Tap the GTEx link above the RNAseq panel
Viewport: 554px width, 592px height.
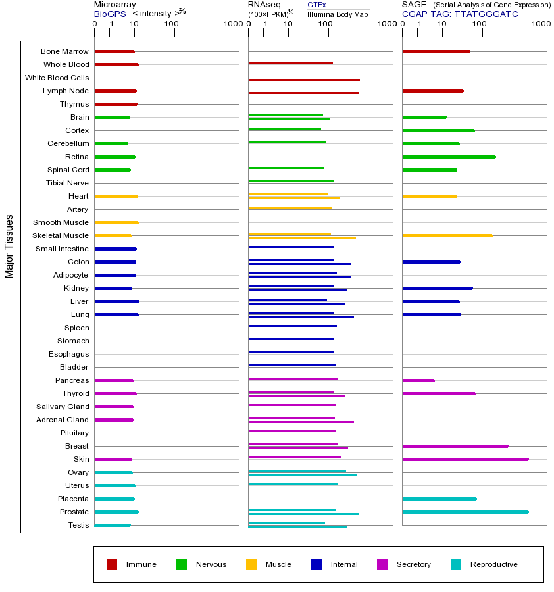316,5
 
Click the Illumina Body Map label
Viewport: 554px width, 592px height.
338,14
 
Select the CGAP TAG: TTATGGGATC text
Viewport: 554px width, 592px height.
460,14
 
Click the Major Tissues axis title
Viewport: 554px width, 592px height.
9,246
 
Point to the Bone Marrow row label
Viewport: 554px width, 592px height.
64,51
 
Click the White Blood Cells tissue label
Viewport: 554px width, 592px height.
57,78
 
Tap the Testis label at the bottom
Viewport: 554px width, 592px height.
78,525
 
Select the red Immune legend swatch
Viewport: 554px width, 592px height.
112,564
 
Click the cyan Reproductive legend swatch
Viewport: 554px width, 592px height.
456,564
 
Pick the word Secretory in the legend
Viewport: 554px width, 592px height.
414,564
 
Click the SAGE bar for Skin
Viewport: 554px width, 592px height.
465,459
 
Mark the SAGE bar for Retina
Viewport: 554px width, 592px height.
449,157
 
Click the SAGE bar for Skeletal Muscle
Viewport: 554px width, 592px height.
447,235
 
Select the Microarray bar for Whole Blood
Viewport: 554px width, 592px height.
116,64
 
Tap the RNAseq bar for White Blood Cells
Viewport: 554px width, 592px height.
304,80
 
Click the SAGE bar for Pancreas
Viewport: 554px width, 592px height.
418,380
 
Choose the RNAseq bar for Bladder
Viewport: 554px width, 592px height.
292,365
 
